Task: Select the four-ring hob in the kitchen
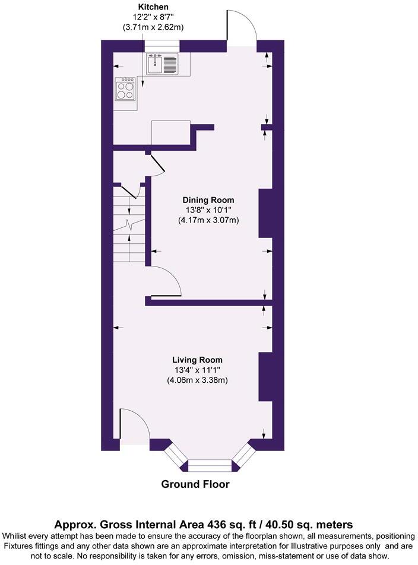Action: coord(125,90)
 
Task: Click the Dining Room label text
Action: coord(208,200)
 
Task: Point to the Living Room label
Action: coord(197,360)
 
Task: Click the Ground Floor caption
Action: coord(195,484)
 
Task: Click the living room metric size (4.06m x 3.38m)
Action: coord(198,380)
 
